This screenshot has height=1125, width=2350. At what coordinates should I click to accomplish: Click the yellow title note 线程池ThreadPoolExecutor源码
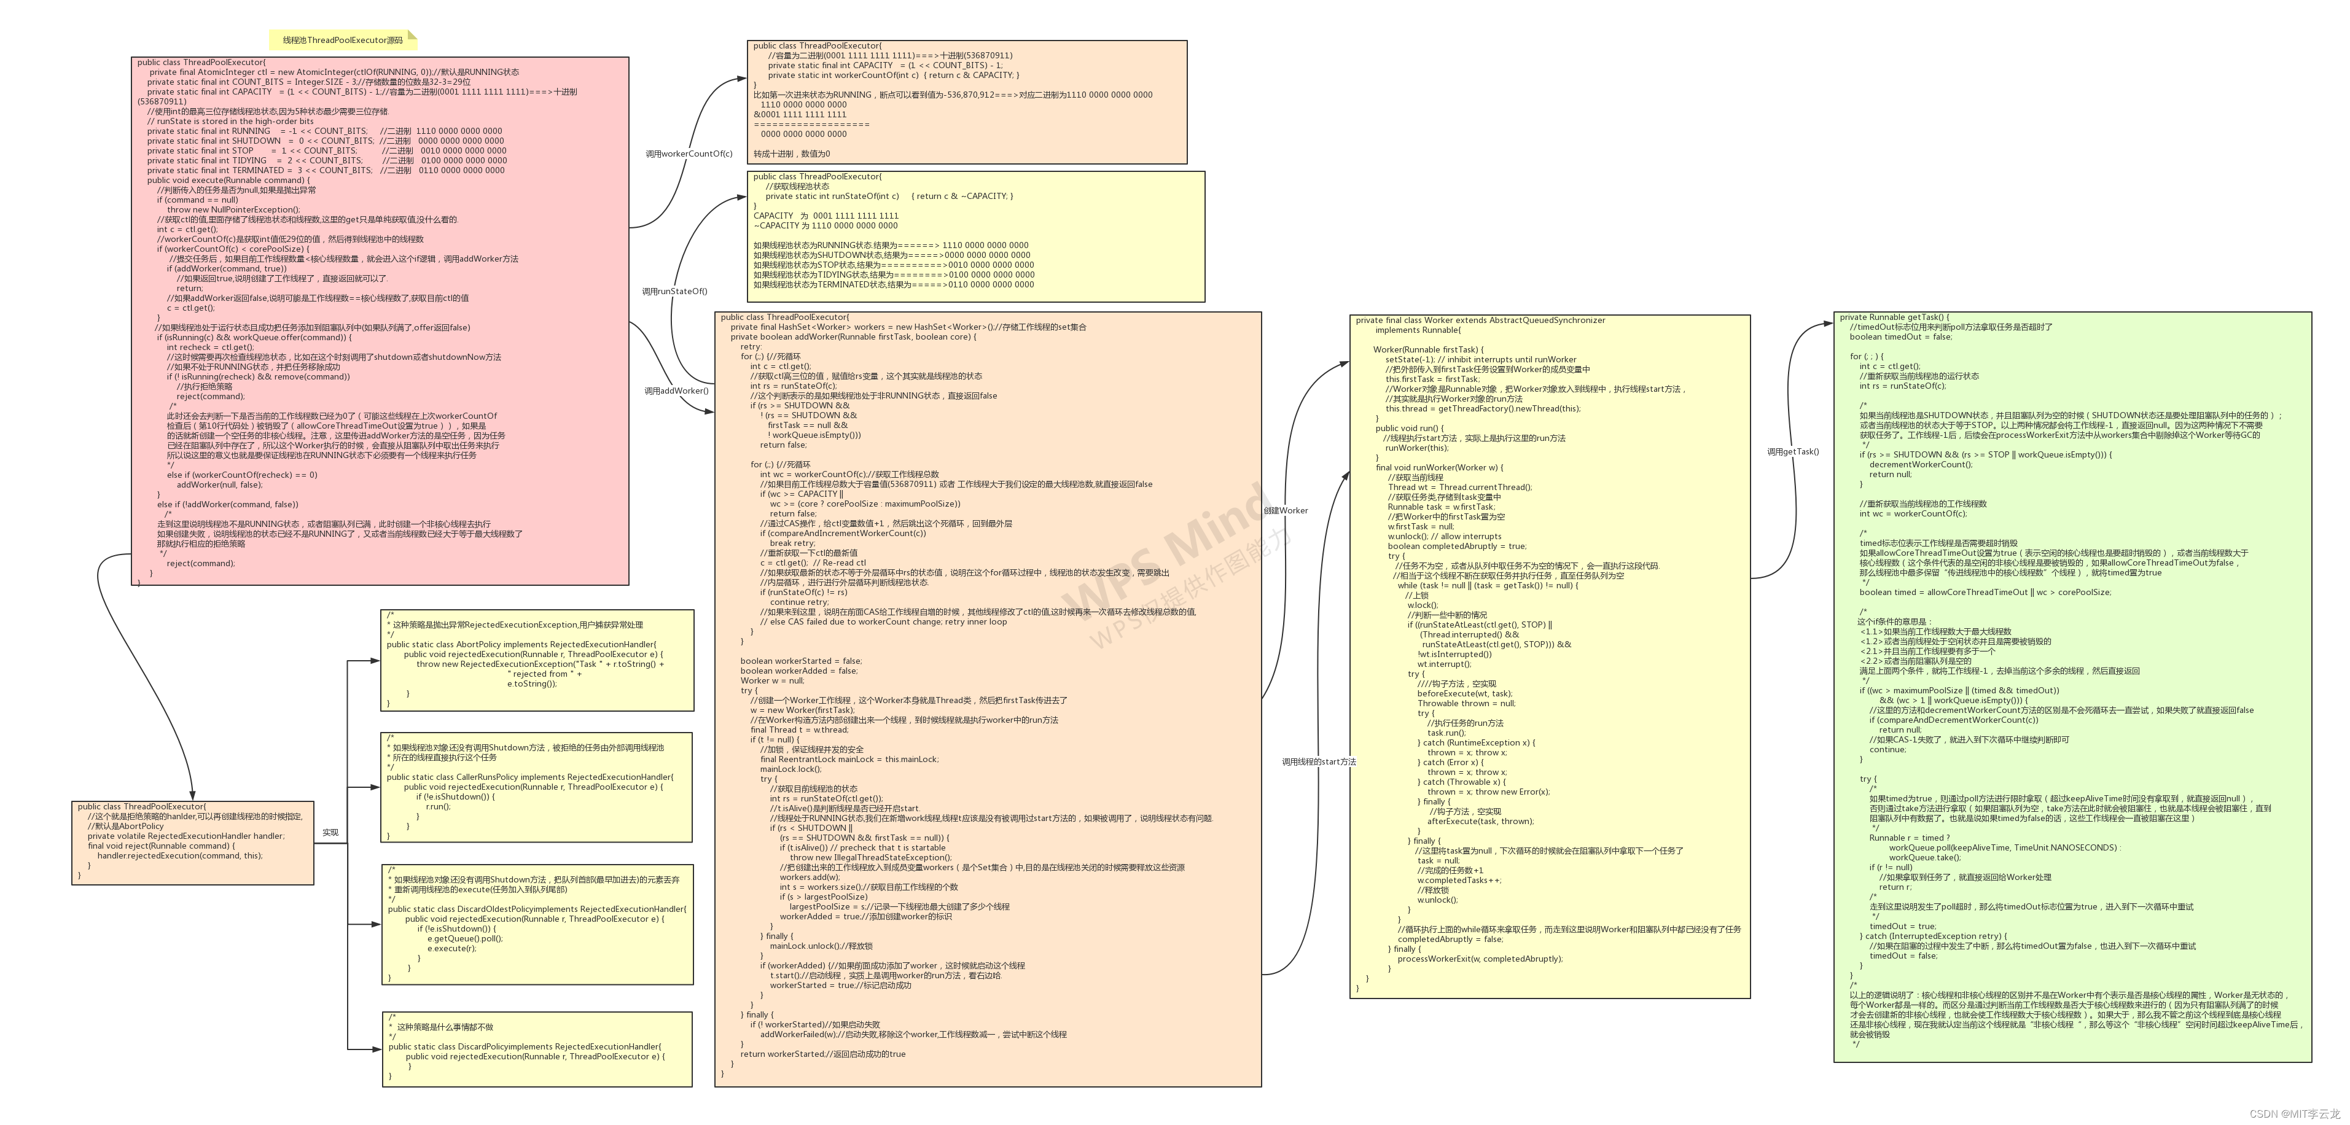342,40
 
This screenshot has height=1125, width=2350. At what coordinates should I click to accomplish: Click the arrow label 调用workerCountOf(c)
689,154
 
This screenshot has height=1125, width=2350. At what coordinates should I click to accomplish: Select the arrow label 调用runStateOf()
674,292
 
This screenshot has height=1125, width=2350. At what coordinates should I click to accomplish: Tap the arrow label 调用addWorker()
676,391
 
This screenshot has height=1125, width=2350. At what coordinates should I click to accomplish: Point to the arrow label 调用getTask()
1793,451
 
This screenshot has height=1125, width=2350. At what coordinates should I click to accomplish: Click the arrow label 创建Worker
1286,511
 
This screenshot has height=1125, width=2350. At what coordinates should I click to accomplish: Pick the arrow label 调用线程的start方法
1318,762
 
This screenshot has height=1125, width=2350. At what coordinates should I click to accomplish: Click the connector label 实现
330,832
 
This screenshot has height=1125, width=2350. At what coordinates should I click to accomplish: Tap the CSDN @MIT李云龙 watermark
2294,1113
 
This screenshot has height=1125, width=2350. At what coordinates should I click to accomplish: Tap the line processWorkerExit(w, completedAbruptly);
1480,959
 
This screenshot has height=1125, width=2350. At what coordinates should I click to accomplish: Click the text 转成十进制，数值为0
792,154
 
